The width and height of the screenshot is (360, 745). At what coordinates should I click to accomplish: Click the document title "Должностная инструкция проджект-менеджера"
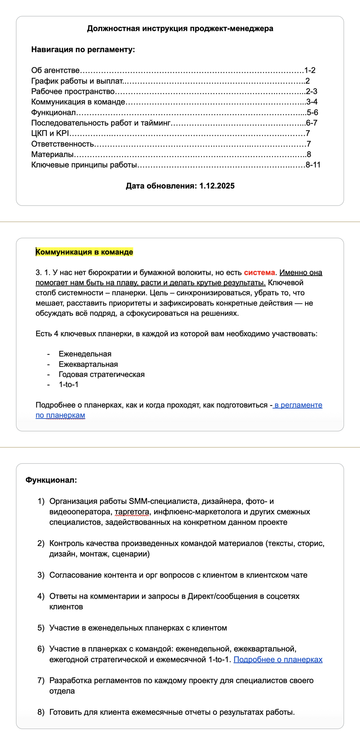pos(180,28)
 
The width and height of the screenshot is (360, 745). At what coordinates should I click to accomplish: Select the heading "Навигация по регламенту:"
pos(83,49)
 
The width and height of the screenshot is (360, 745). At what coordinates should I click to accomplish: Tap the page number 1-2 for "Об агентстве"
pos(310,70)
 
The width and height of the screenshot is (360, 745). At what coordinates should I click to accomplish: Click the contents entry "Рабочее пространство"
pos(73,91)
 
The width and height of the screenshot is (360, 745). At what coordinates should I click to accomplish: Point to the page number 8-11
pos(313,165)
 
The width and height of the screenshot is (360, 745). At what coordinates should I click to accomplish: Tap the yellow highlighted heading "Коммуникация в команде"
pos(84,252)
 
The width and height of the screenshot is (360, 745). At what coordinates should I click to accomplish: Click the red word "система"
pos(259,272)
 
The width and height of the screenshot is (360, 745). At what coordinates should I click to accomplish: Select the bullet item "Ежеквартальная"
pos(88,364)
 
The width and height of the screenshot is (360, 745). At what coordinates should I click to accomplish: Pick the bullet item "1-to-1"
pos(68,384)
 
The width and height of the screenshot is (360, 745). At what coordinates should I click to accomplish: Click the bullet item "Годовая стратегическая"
pos(102,374)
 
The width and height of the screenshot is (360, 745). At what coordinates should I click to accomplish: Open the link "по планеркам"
pos(60,415)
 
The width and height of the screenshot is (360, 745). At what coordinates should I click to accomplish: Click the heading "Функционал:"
pos(51,480)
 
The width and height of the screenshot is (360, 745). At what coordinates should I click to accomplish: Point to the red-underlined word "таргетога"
pos(132,512)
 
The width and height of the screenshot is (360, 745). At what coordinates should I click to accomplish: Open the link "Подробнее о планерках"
pos(278,659)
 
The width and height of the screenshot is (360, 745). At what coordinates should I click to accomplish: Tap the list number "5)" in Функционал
pos(41,628)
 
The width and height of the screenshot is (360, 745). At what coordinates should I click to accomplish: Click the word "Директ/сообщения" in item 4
pos(226,596)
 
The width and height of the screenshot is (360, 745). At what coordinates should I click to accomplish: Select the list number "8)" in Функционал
pos(41,712)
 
